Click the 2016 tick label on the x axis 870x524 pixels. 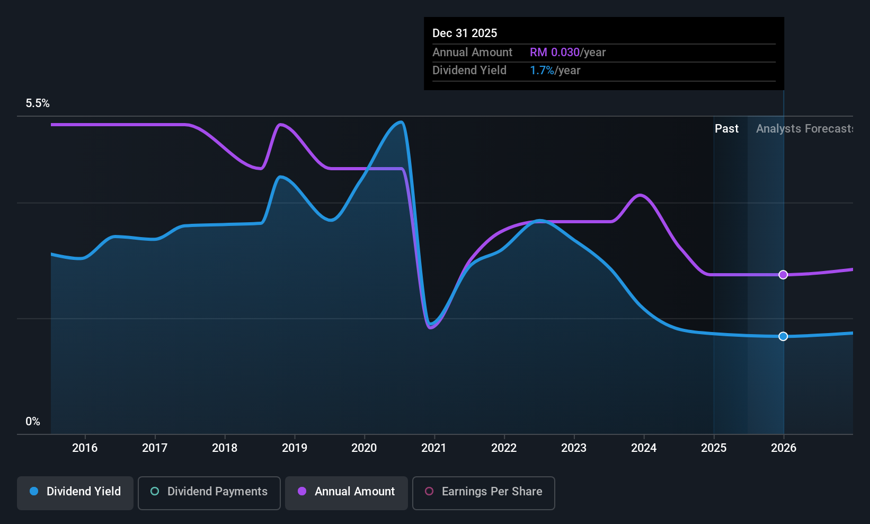tap(85, 448)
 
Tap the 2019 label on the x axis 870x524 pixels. tap(295, 448)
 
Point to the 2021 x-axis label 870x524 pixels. tap(434, 448)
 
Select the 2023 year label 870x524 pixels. tap(574, 448)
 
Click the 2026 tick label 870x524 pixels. tap(784, 448)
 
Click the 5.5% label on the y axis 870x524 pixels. tap(38, 103)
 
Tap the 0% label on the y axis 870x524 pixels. tap(33, 422)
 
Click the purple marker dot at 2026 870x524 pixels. tap(783, 275)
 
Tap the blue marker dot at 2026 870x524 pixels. tap(783, 336)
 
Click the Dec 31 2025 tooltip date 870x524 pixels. tap(465, 33)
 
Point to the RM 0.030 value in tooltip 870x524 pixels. tap(555, 52)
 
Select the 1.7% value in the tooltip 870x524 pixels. tap(542, 71)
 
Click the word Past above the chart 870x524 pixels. tap(727, 129)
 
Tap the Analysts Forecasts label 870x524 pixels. tap(804, 129)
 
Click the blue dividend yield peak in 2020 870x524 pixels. tap(401, 123)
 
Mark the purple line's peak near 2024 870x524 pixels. tap(640, 195)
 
